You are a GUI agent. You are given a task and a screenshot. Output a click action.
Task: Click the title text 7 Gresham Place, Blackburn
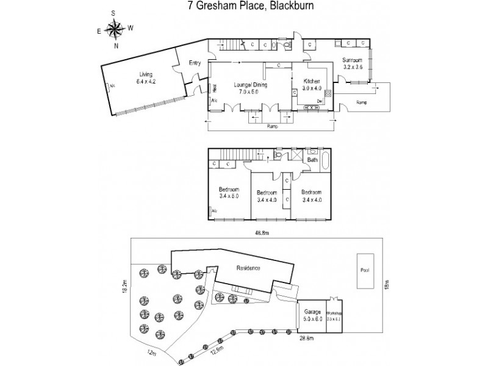(248, 6)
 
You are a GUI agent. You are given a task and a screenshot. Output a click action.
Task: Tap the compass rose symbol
(113, 28)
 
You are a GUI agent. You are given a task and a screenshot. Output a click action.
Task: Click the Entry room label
(195, 62)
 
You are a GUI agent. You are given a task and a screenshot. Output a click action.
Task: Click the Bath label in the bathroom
(312, 160)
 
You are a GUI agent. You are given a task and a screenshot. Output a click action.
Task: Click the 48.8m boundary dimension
(262, 232)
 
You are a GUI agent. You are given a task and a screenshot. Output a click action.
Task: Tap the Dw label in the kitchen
(319, 101)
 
